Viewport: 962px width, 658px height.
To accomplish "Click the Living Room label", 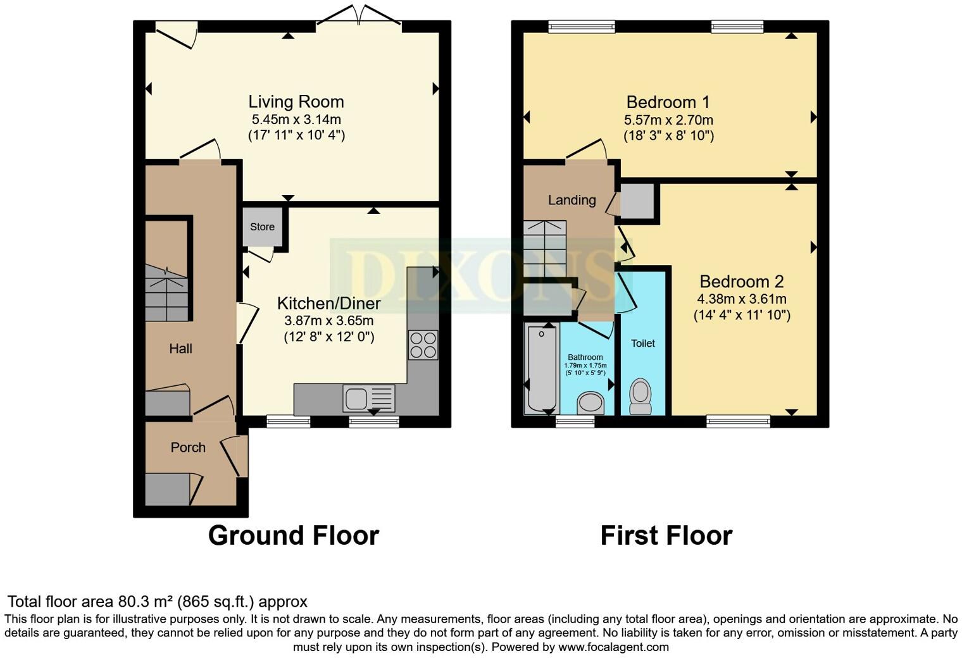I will tap(296, 102).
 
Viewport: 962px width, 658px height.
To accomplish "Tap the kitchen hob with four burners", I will tap(423, 345).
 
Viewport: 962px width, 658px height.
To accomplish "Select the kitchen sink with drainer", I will tap(368, 399).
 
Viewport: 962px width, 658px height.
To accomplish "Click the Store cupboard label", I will tap(262, 227).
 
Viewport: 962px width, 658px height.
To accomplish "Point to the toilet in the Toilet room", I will tap(640, 396).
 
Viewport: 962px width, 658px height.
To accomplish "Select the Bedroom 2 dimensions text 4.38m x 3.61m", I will tap(742, 299).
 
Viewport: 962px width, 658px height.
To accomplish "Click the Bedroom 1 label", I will tap(668, 102).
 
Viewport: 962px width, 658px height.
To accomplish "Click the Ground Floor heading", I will tap(293, 535).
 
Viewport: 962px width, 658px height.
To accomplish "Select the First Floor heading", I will tap(666, 535).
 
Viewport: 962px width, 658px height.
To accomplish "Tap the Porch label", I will tap(188, 447).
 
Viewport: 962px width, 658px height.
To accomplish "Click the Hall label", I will tap(180, 349).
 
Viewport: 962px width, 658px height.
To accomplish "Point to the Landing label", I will tap(572, 200).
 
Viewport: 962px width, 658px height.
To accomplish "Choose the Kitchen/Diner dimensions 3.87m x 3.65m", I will tap(328, 321).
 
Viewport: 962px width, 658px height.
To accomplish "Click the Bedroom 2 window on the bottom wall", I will tap(738, 421).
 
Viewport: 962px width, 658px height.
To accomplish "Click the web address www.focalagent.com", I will tap(613, 647).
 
